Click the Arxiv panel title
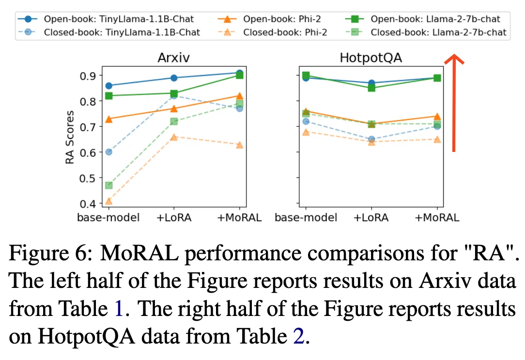(174, 58)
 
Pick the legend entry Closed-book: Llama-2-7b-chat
(438, 32)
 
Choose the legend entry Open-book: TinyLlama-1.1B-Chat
(119, 19)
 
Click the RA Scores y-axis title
(70, 137)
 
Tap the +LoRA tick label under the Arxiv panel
(174, 217)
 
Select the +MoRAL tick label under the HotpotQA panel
(437, 217)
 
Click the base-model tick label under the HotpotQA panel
(306, 217)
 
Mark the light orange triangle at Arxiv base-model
(108, 201)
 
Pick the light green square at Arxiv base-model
(108, 185)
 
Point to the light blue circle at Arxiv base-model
(108, 152)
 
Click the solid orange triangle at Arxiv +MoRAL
(239, 96)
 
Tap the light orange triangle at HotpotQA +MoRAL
(437, 139)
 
